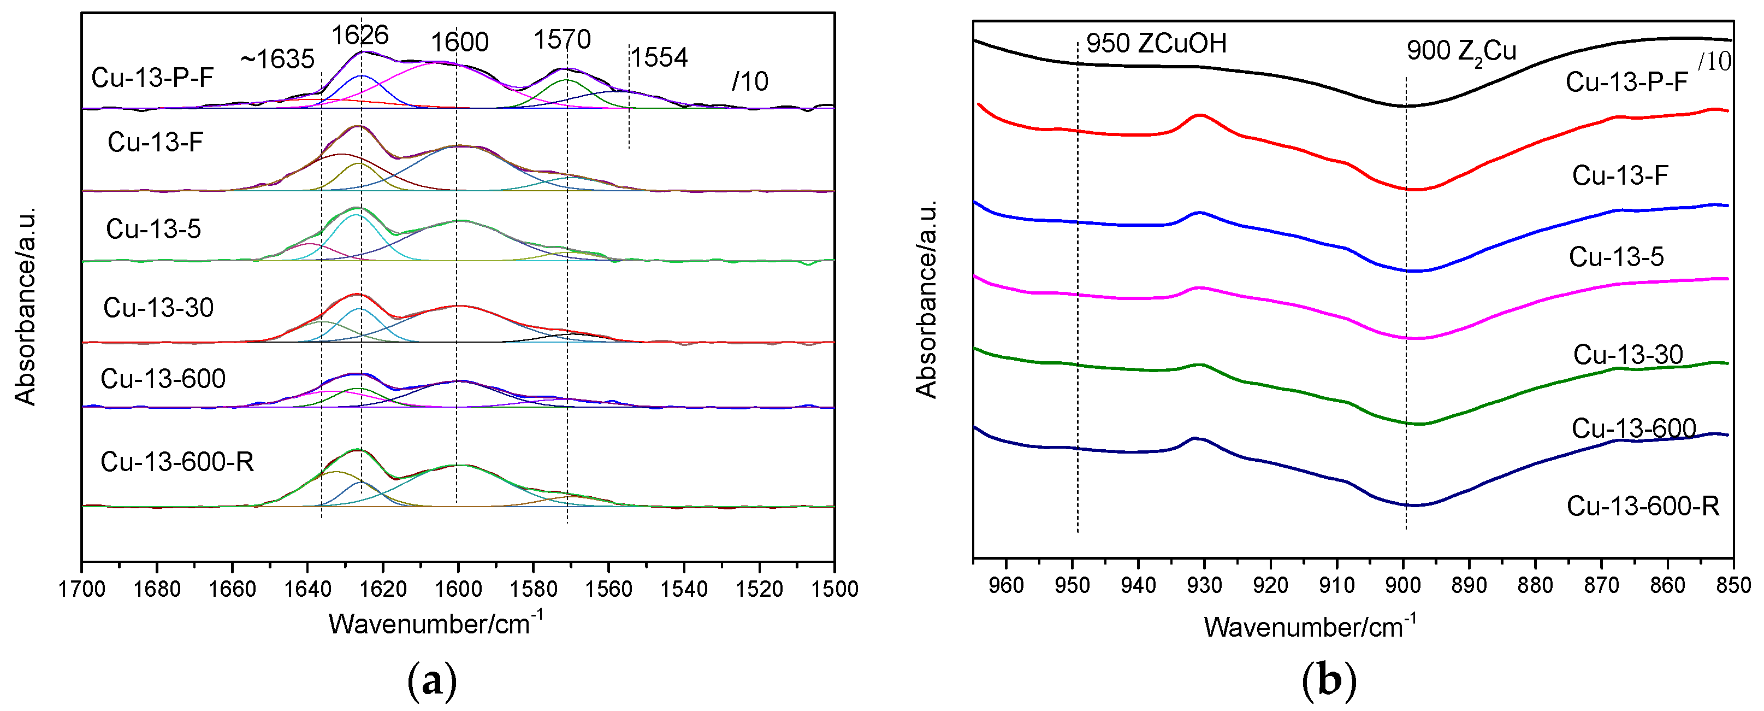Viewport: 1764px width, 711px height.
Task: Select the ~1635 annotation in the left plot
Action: click(x=277, y=60)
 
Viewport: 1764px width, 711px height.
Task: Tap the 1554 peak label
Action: click(x=659, y=57)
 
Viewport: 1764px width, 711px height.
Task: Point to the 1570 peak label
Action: click(x=561, y=40)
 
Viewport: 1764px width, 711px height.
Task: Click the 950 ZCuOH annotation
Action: click(x=1156, y=43)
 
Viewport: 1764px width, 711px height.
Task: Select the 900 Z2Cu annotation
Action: click(x=1461, y=51)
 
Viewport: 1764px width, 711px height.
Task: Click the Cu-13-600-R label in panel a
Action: click(x=177, y=462)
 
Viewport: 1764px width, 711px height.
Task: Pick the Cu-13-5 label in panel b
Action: click(x=1616, y=257)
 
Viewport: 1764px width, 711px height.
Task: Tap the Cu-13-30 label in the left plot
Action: click(x=158, y=308)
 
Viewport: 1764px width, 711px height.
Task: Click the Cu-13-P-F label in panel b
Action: click(x=1626, y=82)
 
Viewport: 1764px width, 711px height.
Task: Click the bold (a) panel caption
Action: click(x=432, y=681)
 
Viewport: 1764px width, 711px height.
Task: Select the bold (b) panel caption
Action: click(x=1329, y=681)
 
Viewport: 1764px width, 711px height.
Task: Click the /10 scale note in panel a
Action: click(x=750, y=82)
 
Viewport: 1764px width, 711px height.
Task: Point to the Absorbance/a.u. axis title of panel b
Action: click(x=927, y=299)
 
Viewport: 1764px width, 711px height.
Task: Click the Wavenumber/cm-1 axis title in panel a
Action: click(x=435, y=624)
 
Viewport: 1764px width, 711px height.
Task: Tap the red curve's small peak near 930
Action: click(x=1200, y=116)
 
